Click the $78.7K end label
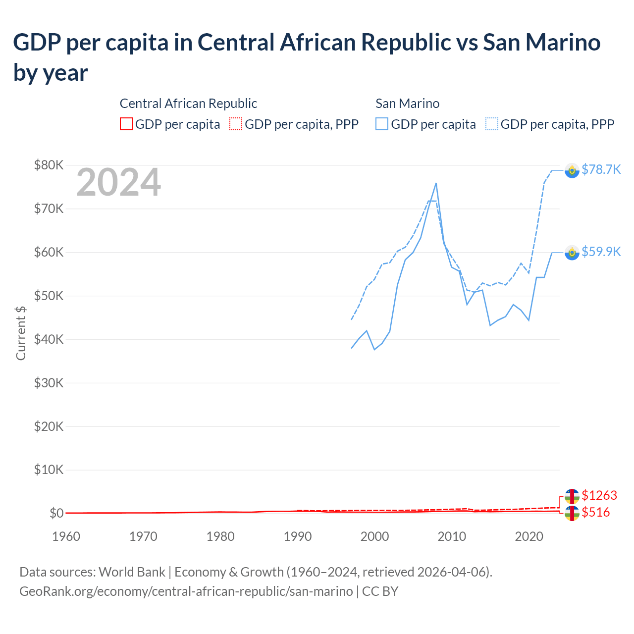601,169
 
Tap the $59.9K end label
601,252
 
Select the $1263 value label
599,495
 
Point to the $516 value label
595,512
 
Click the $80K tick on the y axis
49,165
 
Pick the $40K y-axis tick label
49,339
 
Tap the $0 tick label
56,513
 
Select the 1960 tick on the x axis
66,536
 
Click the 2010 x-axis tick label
452,536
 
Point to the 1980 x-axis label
220,536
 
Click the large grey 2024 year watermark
118,182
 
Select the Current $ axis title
21,333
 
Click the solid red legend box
126,124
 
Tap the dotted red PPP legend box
236,124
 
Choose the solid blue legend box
382,124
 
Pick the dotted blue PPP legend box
492,124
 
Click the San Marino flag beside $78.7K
572,170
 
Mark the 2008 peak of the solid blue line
436,183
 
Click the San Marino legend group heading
407,104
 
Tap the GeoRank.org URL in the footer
186,591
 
